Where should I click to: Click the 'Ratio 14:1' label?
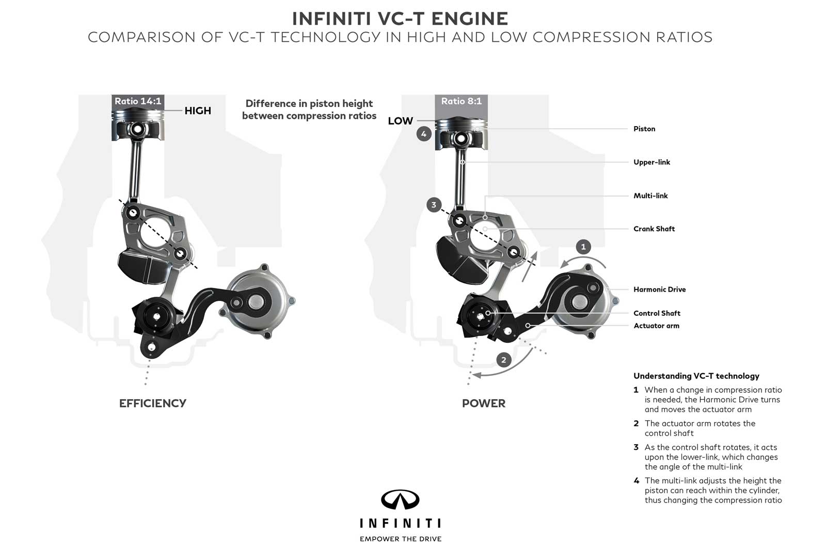click(138, 101)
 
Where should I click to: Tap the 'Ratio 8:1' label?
click(461, 101)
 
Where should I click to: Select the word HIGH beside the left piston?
click(198, 111)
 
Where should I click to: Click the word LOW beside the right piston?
click(400, 121)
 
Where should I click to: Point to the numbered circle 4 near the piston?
click(424, 134)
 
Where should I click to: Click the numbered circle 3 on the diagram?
click(434, 205)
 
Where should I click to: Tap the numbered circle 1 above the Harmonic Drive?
click(583, 247)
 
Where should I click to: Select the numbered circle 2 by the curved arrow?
click(504, 360)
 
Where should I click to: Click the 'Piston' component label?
click(644, 129)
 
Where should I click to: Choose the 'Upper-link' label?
click(652, 162)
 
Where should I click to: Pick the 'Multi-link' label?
click(650, 196)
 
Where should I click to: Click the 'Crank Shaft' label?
click(654, 229)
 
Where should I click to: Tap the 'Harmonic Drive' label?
click(659, 290)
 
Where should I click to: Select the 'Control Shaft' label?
click(657, 313)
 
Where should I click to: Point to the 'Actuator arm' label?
click(656, 326)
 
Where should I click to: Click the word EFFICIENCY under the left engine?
click(152, 403)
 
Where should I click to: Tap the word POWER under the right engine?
click(484, 403)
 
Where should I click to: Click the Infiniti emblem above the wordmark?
click(400, 500)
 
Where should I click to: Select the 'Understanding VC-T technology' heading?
click(696, 376)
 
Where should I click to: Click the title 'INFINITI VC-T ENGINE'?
click(400, 19)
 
